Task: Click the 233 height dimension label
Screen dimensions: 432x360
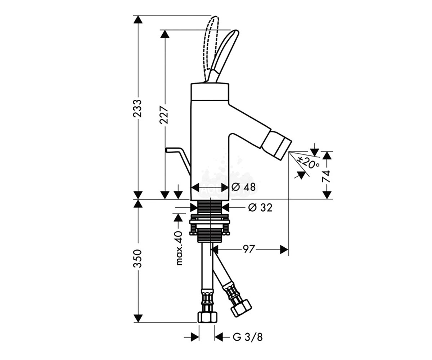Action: (138, 108)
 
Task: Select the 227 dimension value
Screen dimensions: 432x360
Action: (164, 115)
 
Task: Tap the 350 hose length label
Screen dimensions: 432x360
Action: (138, 258)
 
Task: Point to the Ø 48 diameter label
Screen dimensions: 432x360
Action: (243, 187)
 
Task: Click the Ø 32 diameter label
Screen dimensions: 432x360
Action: (260, 207)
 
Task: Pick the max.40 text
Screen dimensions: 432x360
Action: (179, 248)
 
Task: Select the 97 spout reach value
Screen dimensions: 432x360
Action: (248, 249)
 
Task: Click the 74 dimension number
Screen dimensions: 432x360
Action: (326, 176)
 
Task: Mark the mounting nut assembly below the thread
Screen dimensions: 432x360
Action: (210, 225)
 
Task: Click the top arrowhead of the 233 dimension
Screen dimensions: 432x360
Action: (138, 19)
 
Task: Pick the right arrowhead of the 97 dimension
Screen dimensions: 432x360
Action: (284, 249)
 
